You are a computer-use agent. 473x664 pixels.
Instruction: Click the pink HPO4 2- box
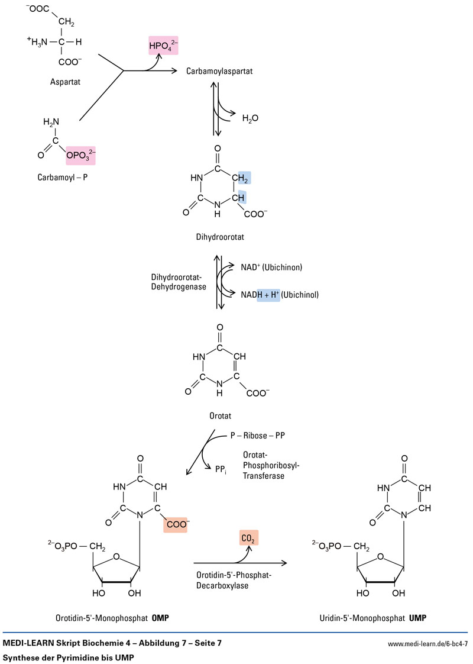163,45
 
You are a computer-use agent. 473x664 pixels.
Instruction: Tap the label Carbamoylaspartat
219,70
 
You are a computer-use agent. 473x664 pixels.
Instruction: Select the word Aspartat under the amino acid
66,82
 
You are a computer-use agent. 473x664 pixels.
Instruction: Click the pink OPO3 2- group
81,155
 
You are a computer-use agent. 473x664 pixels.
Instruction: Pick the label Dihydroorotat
219,237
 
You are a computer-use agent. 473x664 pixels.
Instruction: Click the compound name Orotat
219,415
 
